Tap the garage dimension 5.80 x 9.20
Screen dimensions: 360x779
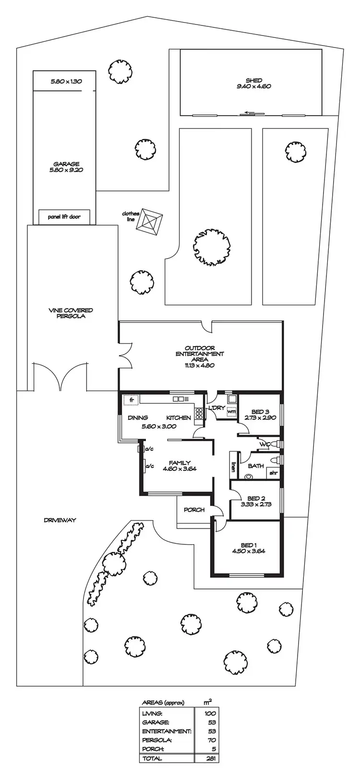pos(66,169)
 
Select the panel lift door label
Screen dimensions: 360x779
pos(64,217)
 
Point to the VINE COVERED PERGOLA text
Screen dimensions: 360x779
pos(71,313)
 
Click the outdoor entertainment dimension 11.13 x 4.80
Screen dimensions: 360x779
pos(199,365)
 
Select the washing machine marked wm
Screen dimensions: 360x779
pos(231,411)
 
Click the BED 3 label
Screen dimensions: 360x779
pos(258,412)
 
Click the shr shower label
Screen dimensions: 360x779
pos(273,473)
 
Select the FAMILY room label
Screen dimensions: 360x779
pos(180,463)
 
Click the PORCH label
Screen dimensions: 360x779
pos(194,510)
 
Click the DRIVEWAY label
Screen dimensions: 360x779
pos(60,520)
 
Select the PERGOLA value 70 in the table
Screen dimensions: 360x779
pos(212,740)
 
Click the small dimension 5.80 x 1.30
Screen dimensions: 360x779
pos(66,81)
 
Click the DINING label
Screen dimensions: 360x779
pos(138,418)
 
